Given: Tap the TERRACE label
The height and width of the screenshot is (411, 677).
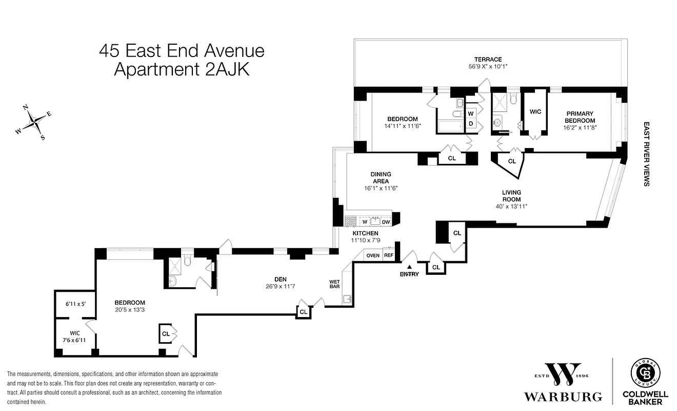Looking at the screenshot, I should pos(488,60).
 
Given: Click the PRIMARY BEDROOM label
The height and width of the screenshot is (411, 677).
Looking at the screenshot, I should pos(580,117).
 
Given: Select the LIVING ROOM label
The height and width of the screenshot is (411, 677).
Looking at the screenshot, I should pos(511,196).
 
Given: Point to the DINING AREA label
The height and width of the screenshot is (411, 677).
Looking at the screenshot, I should pos(381,178).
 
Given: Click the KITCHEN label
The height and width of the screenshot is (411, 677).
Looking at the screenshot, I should pos(365,233).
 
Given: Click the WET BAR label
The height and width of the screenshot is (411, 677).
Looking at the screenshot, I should pos(335,285).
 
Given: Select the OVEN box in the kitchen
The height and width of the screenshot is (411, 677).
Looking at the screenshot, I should pos(373,255).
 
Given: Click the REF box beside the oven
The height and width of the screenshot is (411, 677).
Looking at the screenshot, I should pos(389,255).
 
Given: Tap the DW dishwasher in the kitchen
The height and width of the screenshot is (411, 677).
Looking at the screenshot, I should pos(386,222).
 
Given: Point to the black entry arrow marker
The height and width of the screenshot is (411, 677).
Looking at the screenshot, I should pos(409,267).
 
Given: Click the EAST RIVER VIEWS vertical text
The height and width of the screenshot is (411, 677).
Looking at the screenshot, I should pos(646,154).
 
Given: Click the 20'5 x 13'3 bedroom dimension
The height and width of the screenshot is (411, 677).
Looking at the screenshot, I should pos(130,310).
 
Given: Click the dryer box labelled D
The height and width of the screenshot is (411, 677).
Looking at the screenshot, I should pos(471,124).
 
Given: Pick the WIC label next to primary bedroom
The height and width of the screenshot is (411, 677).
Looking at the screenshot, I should pos(535,111).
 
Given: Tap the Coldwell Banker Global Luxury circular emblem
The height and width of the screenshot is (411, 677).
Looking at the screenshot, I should pos(645,373).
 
